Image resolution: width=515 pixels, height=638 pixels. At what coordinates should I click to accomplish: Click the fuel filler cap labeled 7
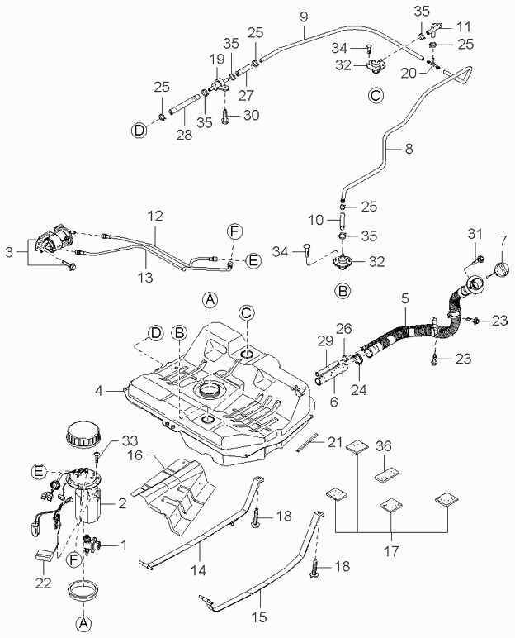tap(499, 269)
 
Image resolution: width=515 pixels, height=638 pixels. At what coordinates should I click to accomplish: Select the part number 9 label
tap(304, 17)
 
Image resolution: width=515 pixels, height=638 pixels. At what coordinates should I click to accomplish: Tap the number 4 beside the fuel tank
tap(99, 391)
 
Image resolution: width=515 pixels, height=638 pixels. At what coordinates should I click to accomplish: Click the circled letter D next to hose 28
tap(139, 131)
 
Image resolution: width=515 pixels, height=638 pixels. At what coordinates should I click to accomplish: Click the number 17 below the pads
tap(390, 551)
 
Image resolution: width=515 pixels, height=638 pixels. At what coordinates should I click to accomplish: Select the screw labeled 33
tap(97, 456)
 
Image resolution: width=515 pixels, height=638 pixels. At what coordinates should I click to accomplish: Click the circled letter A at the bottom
tap(83, 622)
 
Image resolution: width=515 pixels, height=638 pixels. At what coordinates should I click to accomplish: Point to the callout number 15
tap(259, 617)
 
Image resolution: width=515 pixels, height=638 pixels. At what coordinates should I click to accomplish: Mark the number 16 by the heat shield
tap(135, 455)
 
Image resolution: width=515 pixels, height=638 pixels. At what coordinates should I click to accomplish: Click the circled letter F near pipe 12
tap(234, 232)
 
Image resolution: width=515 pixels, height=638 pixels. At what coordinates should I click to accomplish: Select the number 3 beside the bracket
tap(9, 252)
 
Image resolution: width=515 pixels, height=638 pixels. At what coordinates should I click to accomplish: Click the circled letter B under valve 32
tap(343, 291)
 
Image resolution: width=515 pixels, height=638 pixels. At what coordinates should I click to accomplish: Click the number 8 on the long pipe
tap(409, 149)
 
